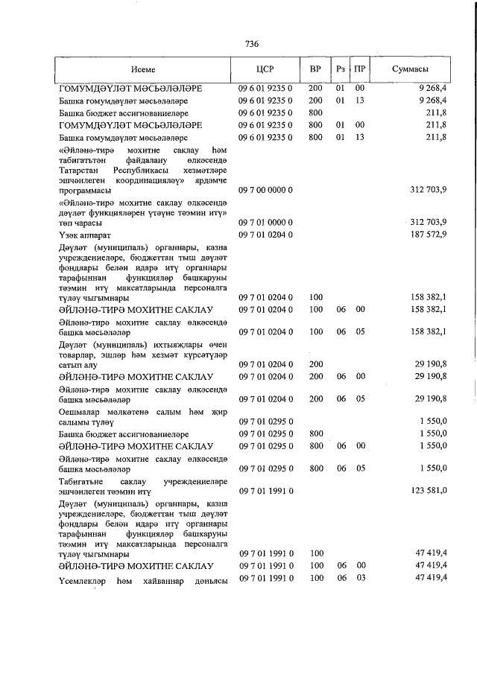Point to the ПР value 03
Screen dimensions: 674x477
[x=360, y=578]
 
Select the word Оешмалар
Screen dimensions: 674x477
[x=81, y=413]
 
